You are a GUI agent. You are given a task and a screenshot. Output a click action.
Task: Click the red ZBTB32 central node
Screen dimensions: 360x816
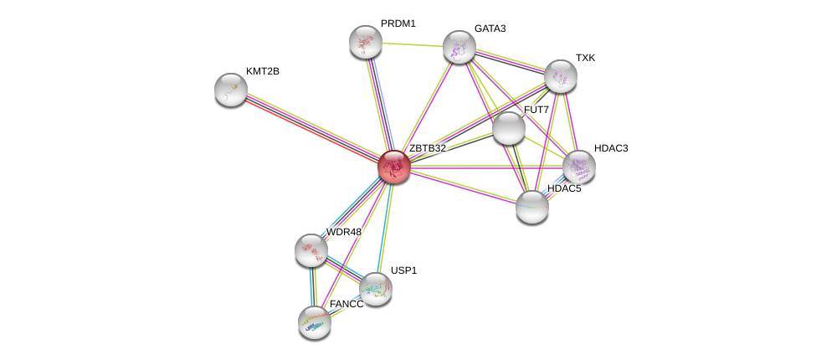click(x=393, y=167)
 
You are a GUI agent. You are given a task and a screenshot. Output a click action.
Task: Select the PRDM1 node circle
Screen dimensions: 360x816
click(x=365, y=42)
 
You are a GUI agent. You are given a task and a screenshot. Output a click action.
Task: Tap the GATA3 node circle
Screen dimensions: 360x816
click(x=459, y=47)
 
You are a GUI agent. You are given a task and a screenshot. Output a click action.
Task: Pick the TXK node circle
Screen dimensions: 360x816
click(x=560, y=76)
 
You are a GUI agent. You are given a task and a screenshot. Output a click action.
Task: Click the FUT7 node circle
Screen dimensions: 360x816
click(x=508, y=128)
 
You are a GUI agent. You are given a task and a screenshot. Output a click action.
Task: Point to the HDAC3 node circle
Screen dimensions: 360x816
click(x=578, y=167)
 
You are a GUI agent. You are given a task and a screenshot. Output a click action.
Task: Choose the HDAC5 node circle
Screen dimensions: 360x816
click(x=531, y=207)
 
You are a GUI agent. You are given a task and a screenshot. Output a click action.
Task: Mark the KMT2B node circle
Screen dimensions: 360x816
click(x=231, y=90)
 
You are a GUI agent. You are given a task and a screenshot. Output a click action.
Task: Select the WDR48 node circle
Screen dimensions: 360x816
click(x=310, y=249)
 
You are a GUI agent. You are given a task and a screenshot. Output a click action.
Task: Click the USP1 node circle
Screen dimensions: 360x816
click(x=375, y=289)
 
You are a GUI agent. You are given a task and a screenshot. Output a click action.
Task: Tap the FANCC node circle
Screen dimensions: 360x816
click(x=315, y=321)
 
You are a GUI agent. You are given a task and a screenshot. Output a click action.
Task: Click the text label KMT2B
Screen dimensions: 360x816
click(x=263, y=71)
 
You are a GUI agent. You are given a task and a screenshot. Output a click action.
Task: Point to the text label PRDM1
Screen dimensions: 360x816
click(x=398, y=23)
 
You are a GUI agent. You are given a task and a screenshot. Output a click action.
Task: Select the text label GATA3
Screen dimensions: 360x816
click(x=490, y=28)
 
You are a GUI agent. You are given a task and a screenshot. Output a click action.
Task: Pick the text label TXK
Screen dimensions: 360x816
click(x=585, y=58)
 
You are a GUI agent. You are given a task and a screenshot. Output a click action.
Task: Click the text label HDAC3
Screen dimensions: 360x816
click(x=610, y=148)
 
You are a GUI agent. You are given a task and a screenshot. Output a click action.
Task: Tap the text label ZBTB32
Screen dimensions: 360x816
click(x=427, y=148)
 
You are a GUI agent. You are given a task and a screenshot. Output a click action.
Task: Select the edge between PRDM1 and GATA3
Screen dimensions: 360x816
click(x=412, y=44)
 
